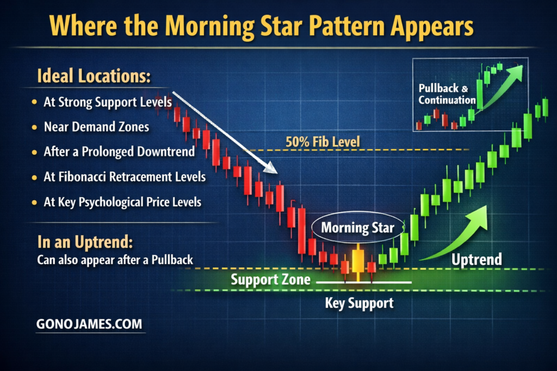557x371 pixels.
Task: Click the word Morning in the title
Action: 209,26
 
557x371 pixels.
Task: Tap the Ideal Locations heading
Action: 94,76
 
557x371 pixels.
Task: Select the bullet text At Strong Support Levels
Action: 108,102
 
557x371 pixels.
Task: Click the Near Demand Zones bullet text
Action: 96,127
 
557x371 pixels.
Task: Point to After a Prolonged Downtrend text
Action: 119,152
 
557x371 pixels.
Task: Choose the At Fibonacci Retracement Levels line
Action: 125,177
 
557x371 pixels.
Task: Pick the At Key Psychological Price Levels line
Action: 122,202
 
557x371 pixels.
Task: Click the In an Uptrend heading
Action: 85,242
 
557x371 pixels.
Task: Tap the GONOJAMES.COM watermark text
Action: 89,324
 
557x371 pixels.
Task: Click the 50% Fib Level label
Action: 323,142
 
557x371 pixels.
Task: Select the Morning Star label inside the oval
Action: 358,228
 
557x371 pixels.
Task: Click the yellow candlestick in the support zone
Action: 358,261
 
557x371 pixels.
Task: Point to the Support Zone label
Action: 271,280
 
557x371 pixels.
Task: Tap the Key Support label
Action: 359,303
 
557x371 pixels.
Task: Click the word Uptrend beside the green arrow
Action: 476,259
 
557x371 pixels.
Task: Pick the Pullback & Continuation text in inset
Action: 447,94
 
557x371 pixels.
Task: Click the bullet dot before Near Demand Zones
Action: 34,127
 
